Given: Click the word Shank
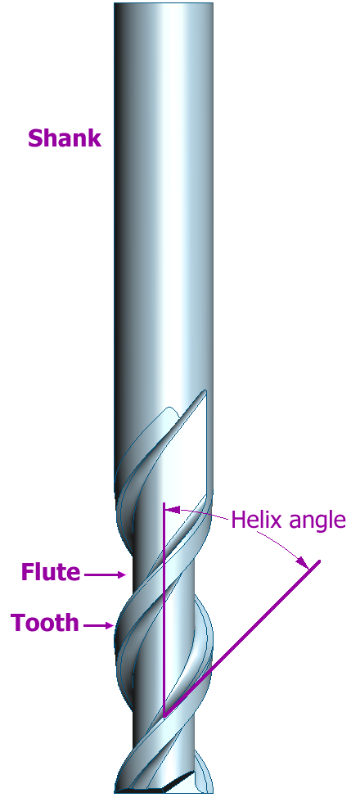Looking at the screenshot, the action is tap(65, 138).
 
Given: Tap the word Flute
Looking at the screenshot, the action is tap(51, 572).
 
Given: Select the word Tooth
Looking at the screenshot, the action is tap(45, 623).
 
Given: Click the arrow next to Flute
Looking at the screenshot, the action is tap(105, 574).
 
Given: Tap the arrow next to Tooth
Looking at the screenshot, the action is tap(98, 625).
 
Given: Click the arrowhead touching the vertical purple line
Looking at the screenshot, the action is tap(173, 510).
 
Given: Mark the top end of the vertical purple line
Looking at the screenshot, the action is tap(164, 504).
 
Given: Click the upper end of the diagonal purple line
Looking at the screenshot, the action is tap(319, 561).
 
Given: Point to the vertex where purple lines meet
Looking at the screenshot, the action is tap(164, 716).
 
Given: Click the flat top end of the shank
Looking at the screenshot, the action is tap(163, 3).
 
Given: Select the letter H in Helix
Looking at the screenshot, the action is tap(238, 520).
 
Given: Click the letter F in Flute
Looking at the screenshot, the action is tap(26, 572).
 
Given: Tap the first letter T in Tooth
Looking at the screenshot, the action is tap(18, 624).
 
